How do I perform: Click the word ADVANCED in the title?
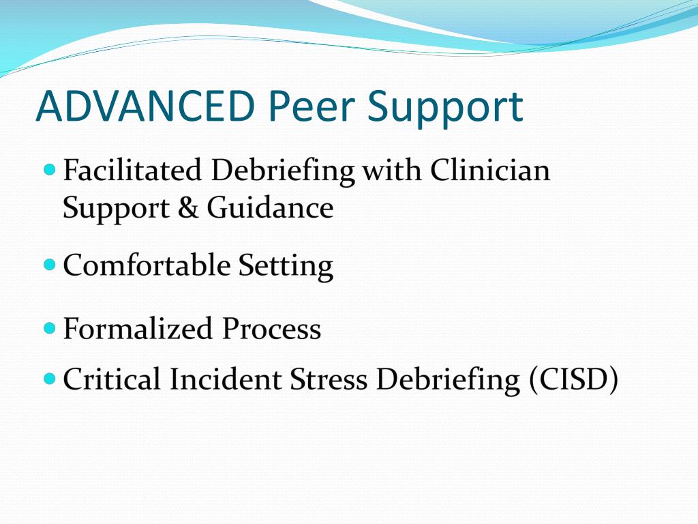point(146,106)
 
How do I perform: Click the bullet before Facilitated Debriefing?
point(49,168)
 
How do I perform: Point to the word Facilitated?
point(132,171)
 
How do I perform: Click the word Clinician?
point(489,171)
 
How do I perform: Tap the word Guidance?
point(271,207)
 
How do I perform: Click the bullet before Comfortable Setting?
point(49,263)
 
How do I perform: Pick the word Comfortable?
point(147,265)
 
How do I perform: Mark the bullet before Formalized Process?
point(49,327)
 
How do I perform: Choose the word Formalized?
point(137,329)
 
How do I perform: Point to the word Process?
point(271,329)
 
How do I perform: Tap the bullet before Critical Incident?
point(49,377)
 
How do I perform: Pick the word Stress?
point(329,379)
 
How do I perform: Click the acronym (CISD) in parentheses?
point(573,380)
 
